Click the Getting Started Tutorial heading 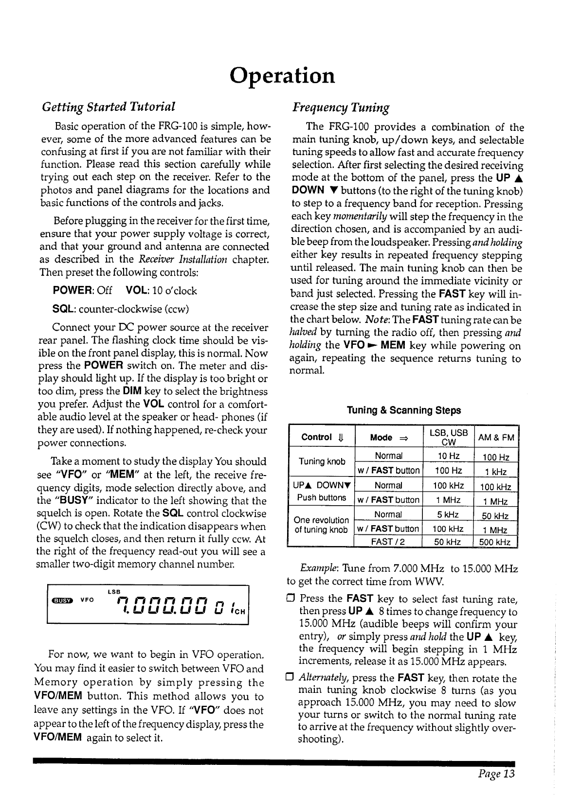coord(108,106)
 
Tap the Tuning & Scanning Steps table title coord(403,410)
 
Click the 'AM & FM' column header coord(496,438)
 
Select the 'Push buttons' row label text coord(321,497)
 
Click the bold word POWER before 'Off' coord(73,291)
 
